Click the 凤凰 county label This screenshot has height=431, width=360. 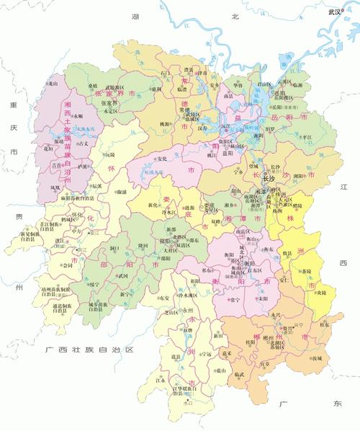tap(55, 187)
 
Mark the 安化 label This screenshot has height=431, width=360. tap(162, 159)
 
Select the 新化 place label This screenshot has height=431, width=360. tap(153, 205)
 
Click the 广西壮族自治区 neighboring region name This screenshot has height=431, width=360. tap(89, 350)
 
